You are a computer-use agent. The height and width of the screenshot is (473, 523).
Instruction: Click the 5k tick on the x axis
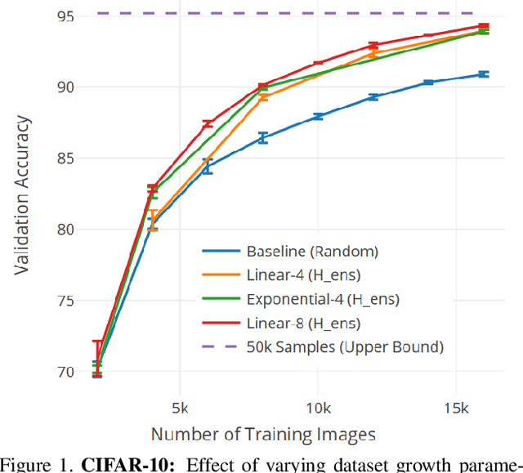point(180,407)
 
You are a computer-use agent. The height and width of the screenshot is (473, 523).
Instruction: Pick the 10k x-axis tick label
point(317,407)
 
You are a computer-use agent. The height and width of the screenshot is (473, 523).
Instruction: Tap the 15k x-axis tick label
point(455,407)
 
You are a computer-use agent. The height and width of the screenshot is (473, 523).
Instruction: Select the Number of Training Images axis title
point(263,434)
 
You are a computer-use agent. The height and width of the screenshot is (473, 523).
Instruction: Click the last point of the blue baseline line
point(483,74)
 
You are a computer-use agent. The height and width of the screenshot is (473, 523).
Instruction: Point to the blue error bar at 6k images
point(208,167)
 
